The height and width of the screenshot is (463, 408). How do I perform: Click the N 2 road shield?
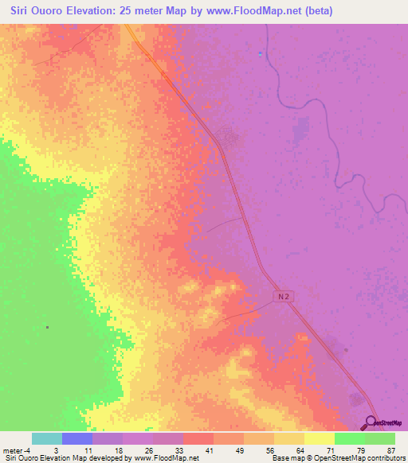(x=284, y=295)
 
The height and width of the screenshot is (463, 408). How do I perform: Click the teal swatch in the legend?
(x=47, y=438)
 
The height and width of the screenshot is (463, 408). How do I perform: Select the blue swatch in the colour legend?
(x=77, y=438)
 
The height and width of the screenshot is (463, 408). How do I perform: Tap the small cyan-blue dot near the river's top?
(x=261, y=53)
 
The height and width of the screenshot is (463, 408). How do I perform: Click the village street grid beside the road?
(x=233, y=137)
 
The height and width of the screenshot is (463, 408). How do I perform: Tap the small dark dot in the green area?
(x=48, y=327)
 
